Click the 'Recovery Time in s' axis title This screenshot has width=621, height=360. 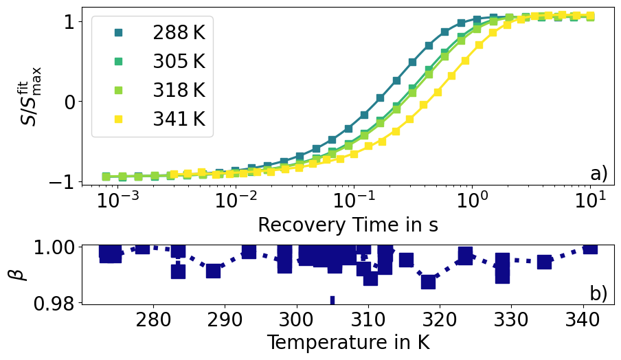click(348, 225)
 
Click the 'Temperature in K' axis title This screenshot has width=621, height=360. click(348, 342)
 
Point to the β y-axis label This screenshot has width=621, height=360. click(20, 273)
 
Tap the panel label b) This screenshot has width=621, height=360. click(598, 294)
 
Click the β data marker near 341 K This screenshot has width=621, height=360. click(590, 247)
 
